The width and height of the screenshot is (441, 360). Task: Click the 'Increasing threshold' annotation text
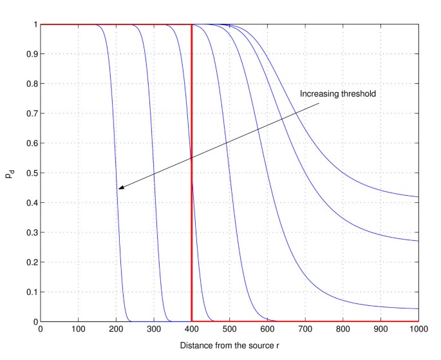point(338,94)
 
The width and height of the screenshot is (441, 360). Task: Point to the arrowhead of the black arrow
point(119,188)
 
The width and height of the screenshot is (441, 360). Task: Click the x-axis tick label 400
point(192,330)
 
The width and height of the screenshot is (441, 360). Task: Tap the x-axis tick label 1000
point(418,330)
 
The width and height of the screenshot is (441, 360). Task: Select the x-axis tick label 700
point(305,330)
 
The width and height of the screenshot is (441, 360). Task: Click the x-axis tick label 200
point(116,330)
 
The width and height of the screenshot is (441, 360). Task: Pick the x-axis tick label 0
point(41,330)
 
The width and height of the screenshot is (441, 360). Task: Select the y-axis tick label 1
point(34,24)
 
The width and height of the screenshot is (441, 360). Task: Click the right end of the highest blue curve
point(418,196)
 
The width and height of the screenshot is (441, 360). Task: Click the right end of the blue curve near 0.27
point(418,241)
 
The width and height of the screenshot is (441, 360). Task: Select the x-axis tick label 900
point(380,330)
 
